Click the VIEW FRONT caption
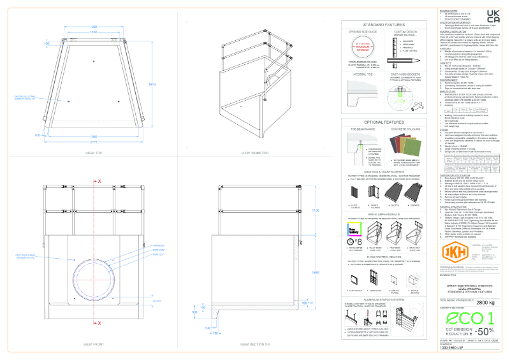[x=94, y=344]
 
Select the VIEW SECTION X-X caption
[x=254, y=344]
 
